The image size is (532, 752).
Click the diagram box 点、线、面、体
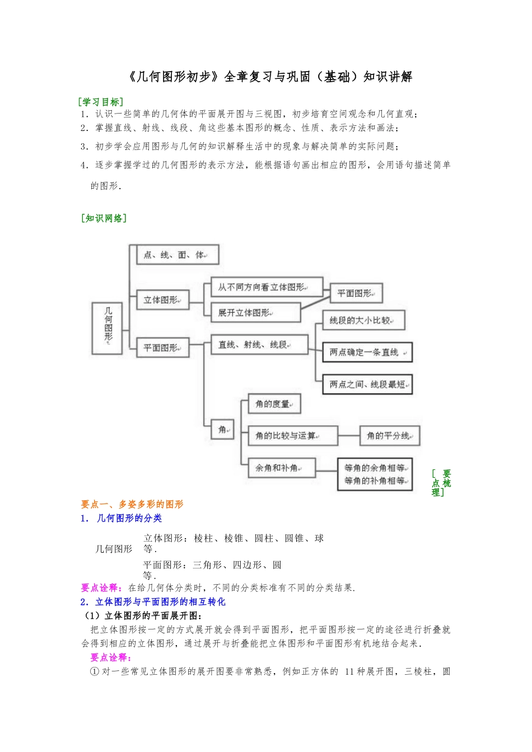point(178,255)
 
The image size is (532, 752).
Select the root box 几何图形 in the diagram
point(108,328)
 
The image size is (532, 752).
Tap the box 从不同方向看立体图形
point(267,287)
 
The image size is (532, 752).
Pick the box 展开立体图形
point(255,313)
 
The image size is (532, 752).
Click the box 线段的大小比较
point(363,321)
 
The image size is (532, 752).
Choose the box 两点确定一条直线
point(367,352)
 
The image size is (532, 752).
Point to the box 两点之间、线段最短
point(367,384)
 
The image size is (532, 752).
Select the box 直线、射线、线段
point(259,345)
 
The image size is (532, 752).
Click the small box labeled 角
point(223,430)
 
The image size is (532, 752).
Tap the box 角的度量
point(274,404)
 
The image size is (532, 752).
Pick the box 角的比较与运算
point(292,436)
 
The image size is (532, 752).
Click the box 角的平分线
point(390,436)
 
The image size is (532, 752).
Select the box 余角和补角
point(282,468)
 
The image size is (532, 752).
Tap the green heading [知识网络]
point(104,218)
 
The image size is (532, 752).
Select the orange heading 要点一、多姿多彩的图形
point(132,504)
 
